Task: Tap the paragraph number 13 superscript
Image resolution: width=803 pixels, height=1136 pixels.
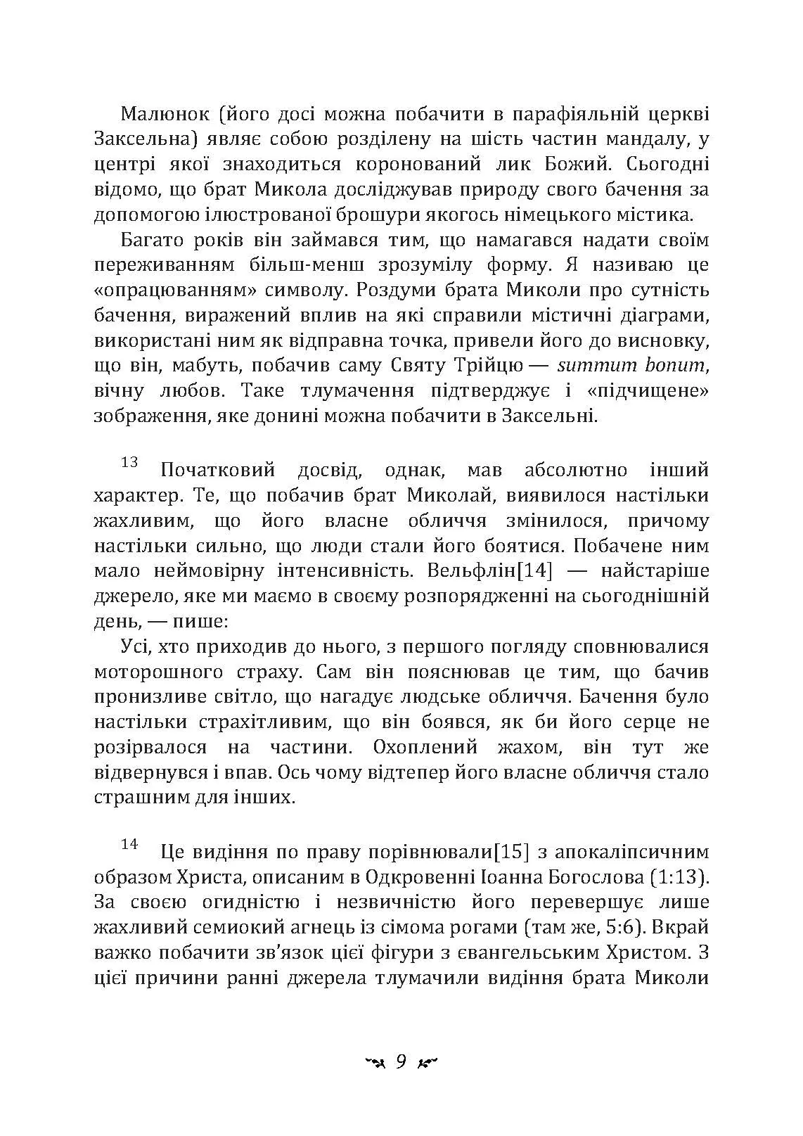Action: coord(129,462)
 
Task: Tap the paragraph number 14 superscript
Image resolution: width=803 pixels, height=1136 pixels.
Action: coord(129,845)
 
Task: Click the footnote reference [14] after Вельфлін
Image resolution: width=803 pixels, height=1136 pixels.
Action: coord(539,571)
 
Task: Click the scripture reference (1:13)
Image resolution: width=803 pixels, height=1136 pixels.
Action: coord(675,878)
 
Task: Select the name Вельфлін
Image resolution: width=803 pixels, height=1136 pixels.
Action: coord(476,571)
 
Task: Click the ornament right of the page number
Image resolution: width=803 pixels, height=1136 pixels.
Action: coord(427,1063)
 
